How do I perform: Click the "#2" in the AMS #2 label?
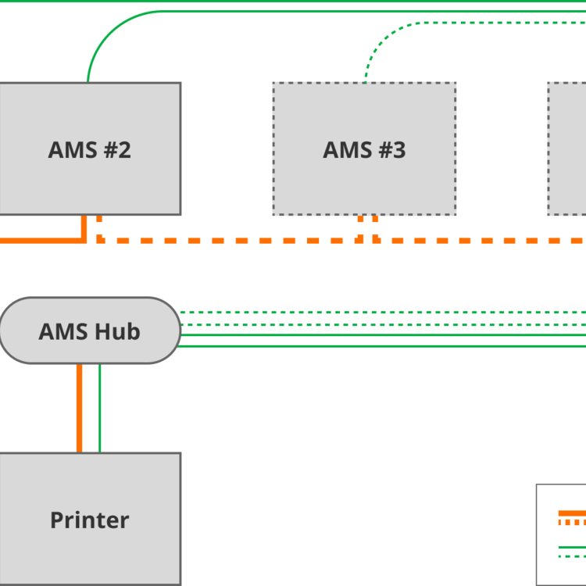(x=116, y=150)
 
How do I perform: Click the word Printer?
(x=90, y=520)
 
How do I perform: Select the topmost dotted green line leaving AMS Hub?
(x=383, y=313)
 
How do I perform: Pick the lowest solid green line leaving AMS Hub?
(x=383, y=345)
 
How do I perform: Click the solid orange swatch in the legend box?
(x=572, y=513)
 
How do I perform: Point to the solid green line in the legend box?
(x=572, y=547)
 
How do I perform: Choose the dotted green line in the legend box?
(x=572, y=556)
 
